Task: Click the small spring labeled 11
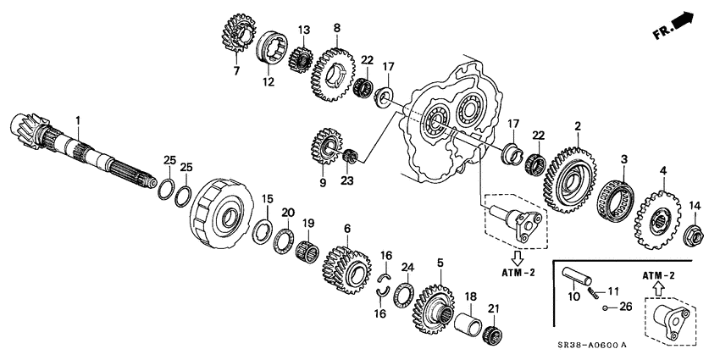tap(598, 293)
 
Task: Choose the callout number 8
tap(337, 28)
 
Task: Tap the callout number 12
tap(269, 82)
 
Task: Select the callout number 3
tap(623, 159)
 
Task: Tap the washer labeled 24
tap(404, 294)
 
